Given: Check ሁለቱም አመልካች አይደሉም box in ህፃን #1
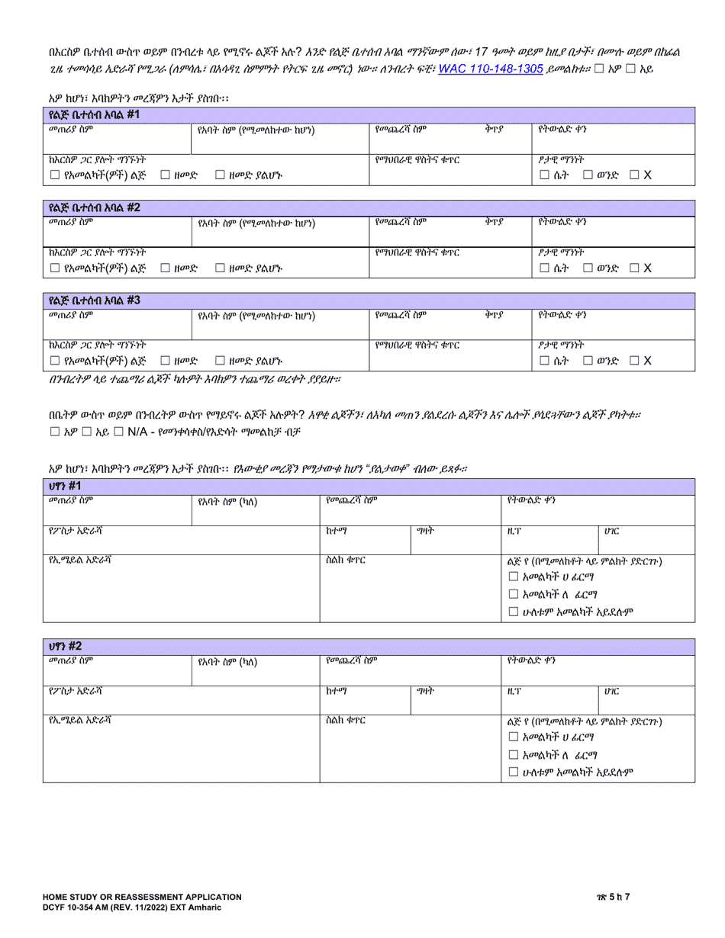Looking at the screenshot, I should pyautogui.click(x=514, y=612).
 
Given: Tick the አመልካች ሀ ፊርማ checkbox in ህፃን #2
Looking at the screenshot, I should pyautogui.click(x=514, y=737).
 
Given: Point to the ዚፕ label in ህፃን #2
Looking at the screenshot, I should pyautogui.click(x=514, y=691).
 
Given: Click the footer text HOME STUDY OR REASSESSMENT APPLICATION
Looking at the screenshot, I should pyautogui.click(x=142, y=898).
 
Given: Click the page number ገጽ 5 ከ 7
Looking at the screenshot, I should pyautogui.click(x=661, y=898).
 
